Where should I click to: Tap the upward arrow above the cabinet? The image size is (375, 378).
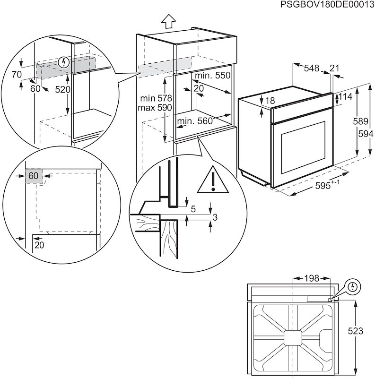coord(168,21)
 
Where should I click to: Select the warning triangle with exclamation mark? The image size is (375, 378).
coord(212,181)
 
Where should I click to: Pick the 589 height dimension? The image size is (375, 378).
coord(361,121)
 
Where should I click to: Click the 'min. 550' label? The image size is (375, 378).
coord(212,76)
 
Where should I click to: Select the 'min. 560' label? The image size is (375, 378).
coord(195,121)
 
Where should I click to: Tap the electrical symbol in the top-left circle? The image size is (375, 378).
coord(63,62)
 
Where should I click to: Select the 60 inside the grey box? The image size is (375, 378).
coord(33,176)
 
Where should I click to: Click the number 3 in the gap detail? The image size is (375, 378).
coord(216,217)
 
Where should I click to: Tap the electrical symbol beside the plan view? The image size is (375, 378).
coord(353,286)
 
